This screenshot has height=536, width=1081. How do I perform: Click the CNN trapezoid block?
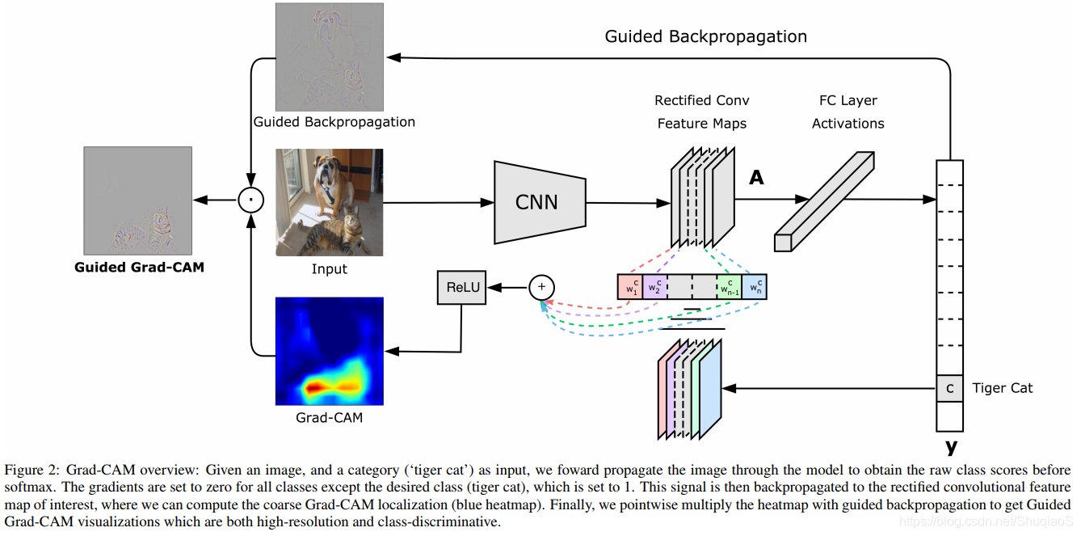pyautogui.click(x=537, y=201)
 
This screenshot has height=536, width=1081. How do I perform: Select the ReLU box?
pyautogui.click(x=461, y=287)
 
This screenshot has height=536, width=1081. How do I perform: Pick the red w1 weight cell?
pyautogui.click(x=630, y=288)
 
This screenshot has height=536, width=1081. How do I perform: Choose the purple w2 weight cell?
pyautogui.click(x=655, y=288)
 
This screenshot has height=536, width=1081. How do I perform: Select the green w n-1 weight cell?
pyautogui.click(x=729, y=288)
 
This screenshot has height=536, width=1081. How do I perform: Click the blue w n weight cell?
pyautogui.click(x=754, y=288)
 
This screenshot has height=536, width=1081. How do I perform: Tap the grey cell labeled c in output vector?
pyautogui.click(x=950, y=389)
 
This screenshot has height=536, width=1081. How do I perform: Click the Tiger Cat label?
pyautogui.click(x=1003, y=388)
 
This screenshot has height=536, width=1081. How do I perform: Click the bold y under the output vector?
pyautogui.click(x=950, y=446)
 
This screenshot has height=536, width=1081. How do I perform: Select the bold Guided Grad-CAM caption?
pyautogui.click(x=139, y=267)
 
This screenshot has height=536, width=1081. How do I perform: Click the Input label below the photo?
pyautogui.click(x=329, y=269)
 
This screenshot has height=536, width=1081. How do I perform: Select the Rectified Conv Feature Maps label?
pyautogui.click(x=701, y=112)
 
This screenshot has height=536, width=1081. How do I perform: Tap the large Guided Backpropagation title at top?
pyautogui.click(x=705, y=36)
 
